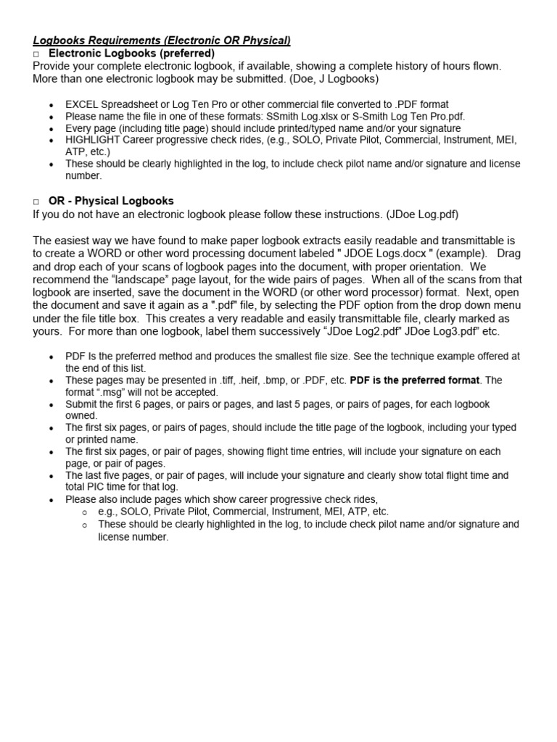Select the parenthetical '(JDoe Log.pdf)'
point(423,214)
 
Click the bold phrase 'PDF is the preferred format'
point(415,380)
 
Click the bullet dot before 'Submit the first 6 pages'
point(51,404)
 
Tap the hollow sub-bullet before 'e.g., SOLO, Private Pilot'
point(85,512)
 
